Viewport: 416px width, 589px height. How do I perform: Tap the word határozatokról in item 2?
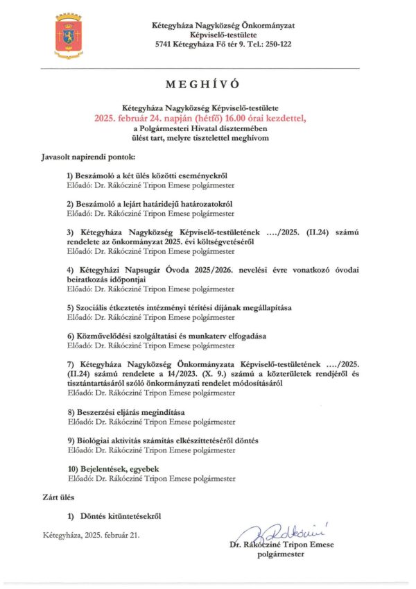pos(202,205)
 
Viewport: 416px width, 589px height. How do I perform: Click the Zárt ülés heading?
pos(58,497)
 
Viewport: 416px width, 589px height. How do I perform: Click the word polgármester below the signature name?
pos(281,554)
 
